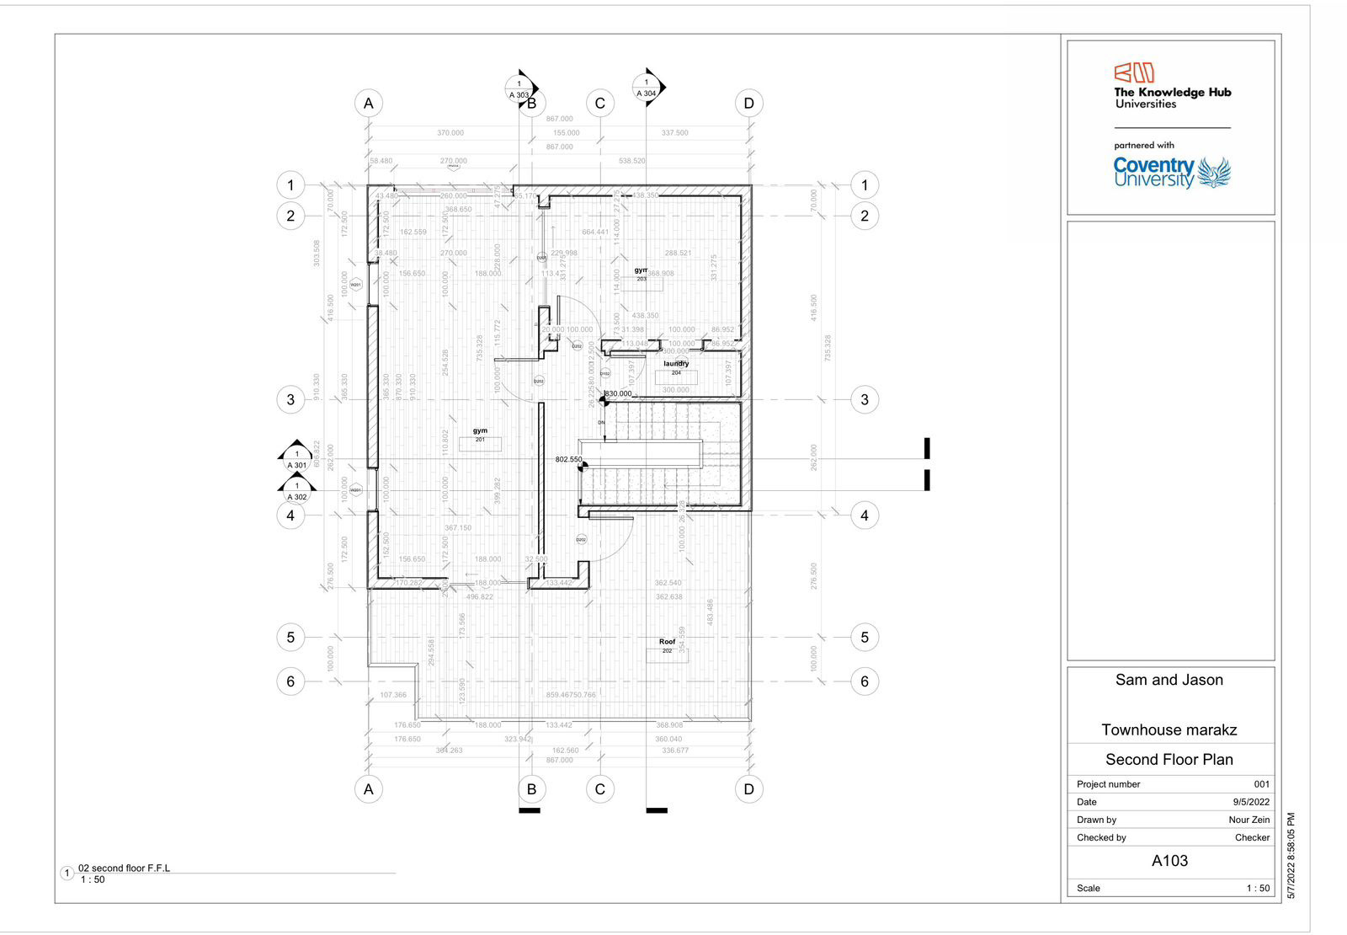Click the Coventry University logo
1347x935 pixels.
(x=1171, y=173)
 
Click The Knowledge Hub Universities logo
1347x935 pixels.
(x=1172, y=86)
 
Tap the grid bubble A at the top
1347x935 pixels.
(x=368, y=104)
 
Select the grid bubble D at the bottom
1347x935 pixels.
(x=748, y=789)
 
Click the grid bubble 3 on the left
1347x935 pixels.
(x=290, y=399)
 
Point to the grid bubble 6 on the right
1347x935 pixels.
(x=865, y=681)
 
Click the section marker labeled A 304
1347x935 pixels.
(x=647, y=88)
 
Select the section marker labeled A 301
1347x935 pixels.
(x=296, y=459)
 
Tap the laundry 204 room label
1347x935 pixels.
(x=676, y=367)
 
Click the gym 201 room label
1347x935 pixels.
(x=480, y=435)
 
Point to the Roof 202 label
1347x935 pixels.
(x=667, y=645)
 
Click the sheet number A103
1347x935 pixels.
(x=1169, y=861)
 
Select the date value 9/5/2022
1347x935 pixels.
(x=1251, y=802)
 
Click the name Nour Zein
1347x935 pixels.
(x=1249, y=820)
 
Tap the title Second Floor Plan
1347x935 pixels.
(x=1169, y=759)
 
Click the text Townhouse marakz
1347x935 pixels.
(x=1169, y=729)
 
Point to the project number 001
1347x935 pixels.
(x=1261, y=784)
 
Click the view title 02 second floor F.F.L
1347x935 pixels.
(x=124, y=868)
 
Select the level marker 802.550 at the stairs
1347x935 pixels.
(x=568, y=460)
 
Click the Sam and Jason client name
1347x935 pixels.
(x=1169, y=680)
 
